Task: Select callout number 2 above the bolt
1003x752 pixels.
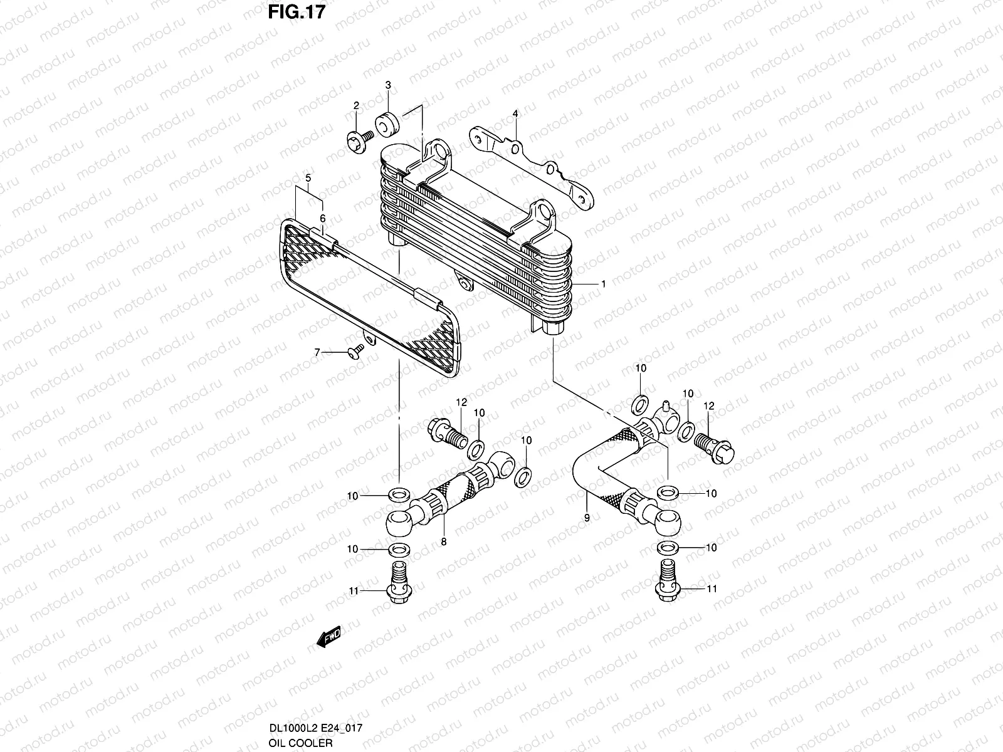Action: pyautogui.click(x=356, y=105)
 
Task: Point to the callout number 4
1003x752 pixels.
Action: pyautogui.click(x=515, y=113)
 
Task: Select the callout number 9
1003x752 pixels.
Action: pyautogui.click(x=587, y=518)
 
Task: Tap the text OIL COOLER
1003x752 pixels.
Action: pyautogui.click(x=298, y=743)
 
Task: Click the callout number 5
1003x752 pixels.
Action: pyautogui.click(x=308, y=178)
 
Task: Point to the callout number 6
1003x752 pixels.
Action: pyautogui.click(x=323, y=218)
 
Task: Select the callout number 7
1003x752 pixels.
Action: pyautogui.click(x=317, y=353)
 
